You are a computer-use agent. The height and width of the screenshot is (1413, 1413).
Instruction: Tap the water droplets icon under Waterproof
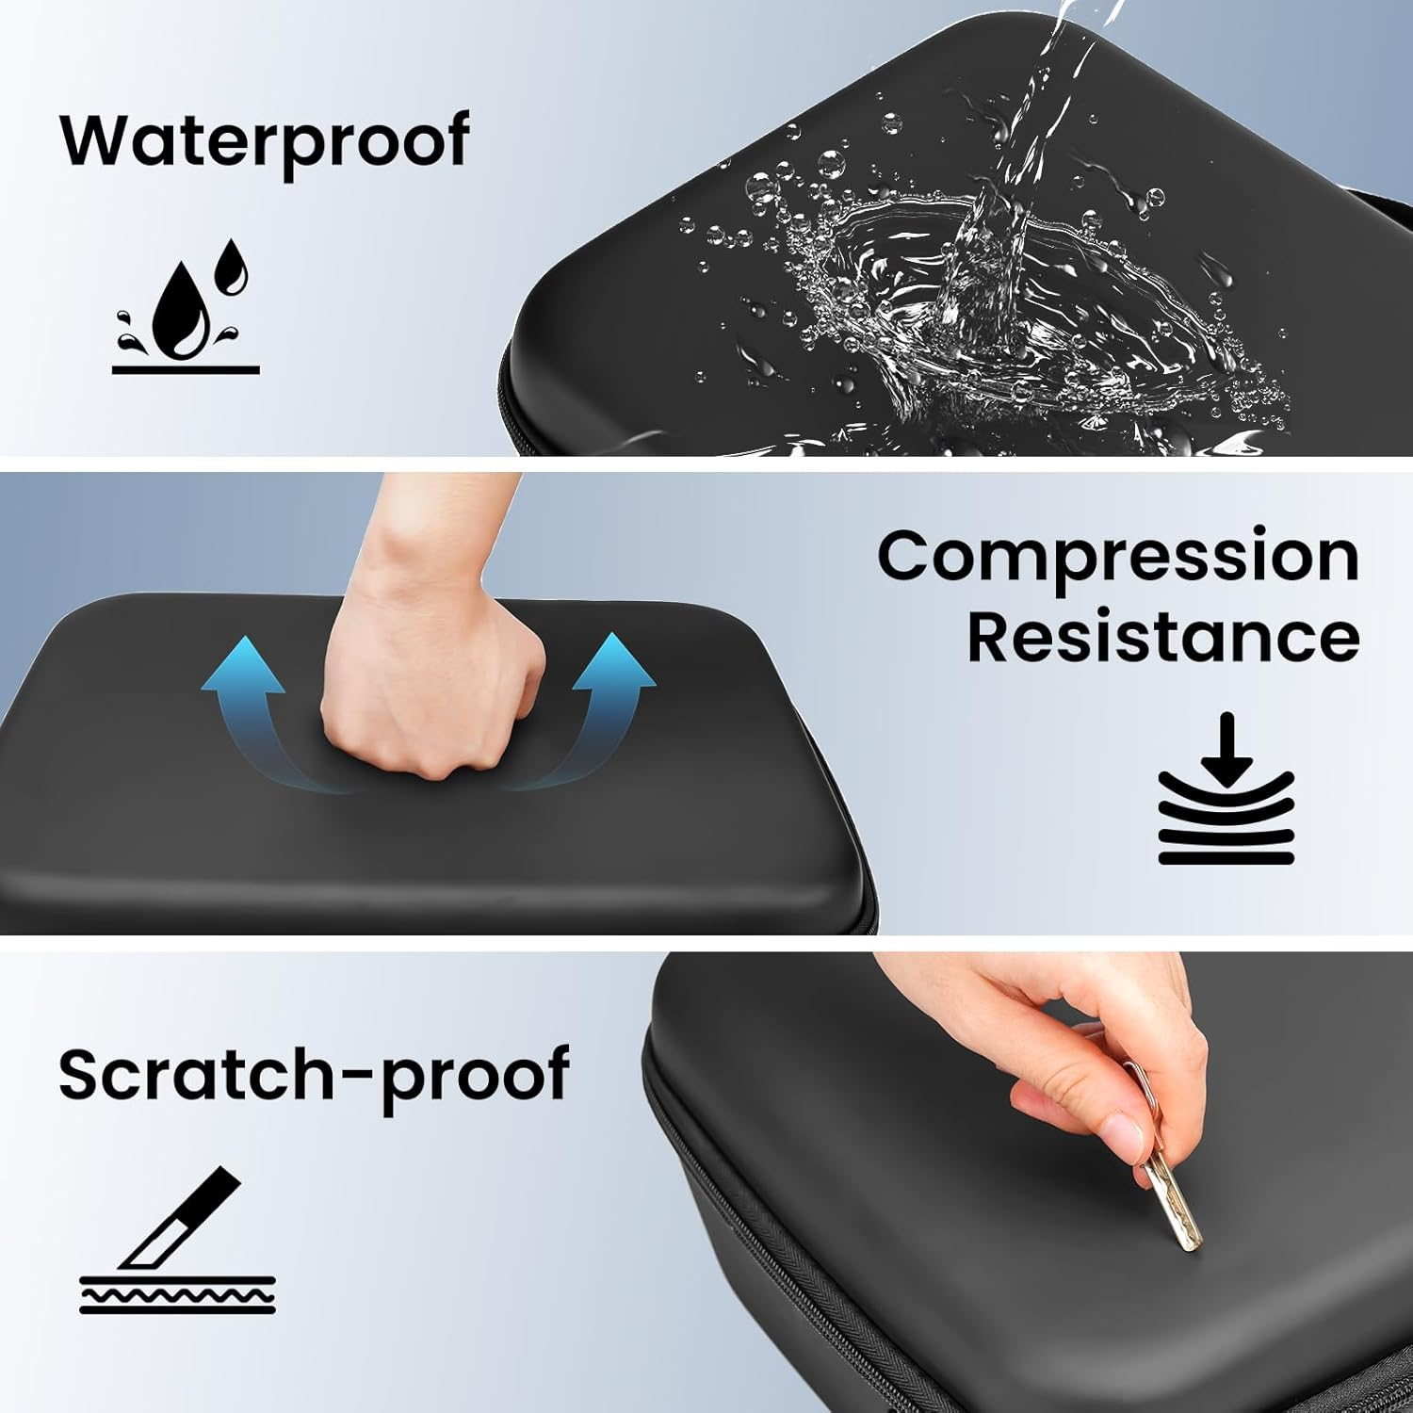[x=186, y=306]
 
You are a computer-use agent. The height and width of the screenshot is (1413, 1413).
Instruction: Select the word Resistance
[x=1163, y=637]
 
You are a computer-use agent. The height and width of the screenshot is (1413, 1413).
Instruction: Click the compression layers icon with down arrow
[x=1226, y=789]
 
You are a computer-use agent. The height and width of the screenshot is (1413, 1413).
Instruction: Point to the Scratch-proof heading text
[x=314, y=1075]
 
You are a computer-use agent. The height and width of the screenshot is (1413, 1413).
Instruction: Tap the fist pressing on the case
[x=433, y=697]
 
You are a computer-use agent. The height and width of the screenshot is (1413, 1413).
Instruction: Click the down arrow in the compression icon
[x=1226, y=749]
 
